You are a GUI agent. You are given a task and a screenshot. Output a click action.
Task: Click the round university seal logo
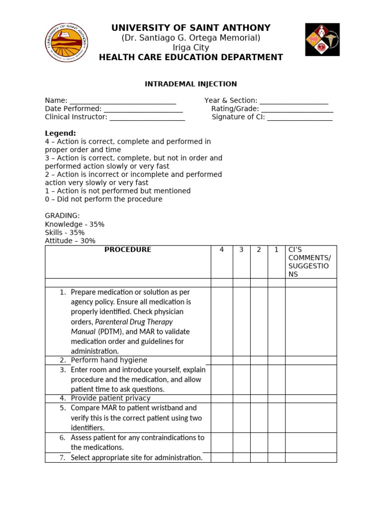point(67,42)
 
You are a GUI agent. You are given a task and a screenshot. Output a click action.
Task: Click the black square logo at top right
point(322,39)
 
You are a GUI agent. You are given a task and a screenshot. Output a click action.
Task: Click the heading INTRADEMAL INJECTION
point(191,84)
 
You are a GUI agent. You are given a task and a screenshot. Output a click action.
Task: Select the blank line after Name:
point(123,101)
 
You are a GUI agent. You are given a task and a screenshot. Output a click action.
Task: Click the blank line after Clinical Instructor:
point(147,118)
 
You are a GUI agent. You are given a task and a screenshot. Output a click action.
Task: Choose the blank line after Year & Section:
point(294,101)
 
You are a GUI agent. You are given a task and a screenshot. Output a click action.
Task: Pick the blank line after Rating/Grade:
point(297,109)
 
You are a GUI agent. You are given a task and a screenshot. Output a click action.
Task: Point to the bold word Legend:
point(61,133)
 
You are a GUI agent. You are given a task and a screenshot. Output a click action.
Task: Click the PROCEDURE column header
point(128,250)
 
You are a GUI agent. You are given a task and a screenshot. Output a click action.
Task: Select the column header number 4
point(221,250)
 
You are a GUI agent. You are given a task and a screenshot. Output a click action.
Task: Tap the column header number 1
point(276,250)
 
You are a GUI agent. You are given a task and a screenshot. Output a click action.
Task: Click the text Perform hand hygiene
point(109,360)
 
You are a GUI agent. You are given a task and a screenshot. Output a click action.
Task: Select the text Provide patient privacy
point(110,398)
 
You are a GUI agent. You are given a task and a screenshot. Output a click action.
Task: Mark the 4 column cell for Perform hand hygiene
point(221,360)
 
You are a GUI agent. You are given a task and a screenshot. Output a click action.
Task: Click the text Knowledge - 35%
point(75,224)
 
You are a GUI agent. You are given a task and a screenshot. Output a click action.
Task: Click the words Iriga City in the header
point(191,48)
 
